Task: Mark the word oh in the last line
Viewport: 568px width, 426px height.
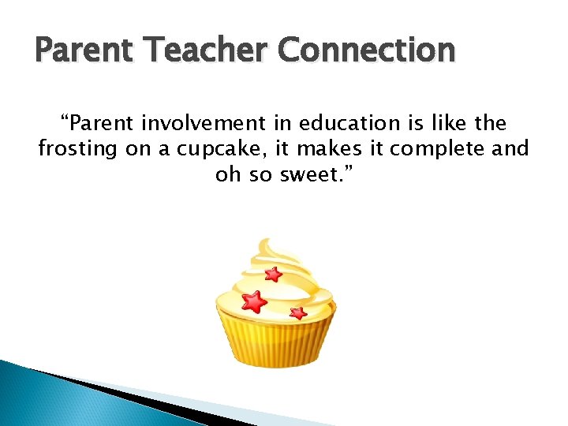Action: (227, 174)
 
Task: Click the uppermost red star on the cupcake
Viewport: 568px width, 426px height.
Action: (273, 275)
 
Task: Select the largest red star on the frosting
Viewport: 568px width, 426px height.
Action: (254, 301)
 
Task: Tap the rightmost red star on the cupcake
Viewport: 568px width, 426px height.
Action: (298, 312)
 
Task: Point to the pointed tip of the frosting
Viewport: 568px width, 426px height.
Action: (266, 241)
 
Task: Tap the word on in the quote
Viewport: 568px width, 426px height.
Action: (139, 149)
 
